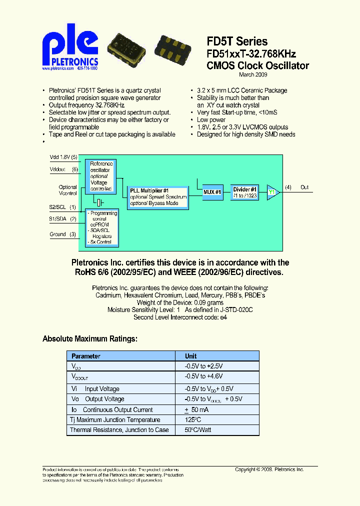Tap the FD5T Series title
(237, 42)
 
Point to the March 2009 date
(253, 74)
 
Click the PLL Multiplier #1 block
(158, 197)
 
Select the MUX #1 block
(212, 192)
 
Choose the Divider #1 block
(244, 192)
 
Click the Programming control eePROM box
(102, 227)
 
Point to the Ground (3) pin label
(62, 234)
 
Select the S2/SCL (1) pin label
(62, 207)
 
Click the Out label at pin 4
(304, 187)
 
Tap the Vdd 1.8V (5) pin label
(63, 157)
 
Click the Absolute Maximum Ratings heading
(90, 339)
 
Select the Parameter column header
(86, 356)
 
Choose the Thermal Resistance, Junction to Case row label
(119, 430)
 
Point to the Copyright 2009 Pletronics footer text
(269, 469)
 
